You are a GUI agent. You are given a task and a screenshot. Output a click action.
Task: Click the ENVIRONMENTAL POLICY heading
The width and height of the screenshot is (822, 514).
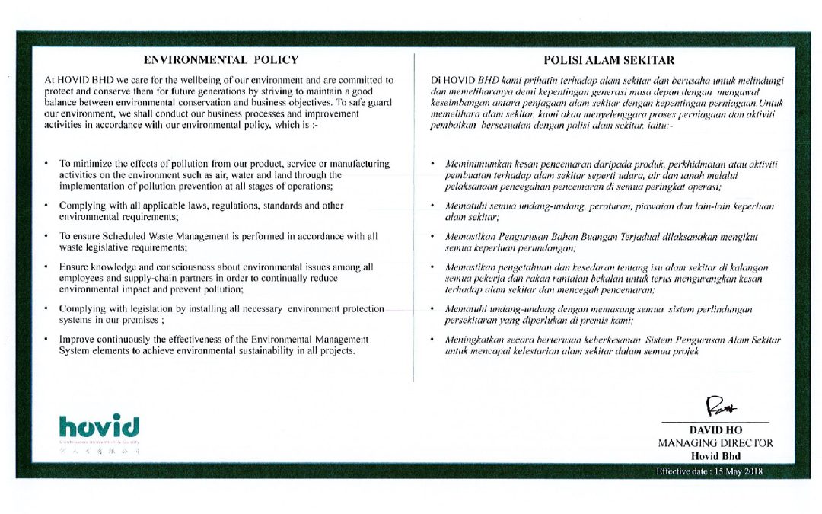[221, 60]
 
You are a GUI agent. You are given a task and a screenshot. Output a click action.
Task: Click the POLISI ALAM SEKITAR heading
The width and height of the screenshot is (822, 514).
[609, 60]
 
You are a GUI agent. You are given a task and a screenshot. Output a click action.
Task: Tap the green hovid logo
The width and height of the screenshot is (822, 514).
[99, 424]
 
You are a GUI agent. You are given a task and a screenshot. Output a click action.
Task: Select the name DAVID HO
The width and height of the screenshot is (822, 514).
[715, 430]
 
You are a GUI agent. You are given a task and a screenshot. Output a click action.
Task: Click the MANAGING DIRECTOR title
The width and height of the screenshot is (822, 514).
[715, 443]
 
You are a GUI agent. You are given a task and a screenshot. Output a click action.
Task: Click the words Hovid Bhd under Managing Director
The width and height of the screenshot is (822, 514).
[715, 455]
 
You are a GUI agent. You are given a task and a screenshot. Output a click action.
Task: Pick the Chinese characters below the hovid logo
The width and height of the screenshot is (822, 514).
[99, 452]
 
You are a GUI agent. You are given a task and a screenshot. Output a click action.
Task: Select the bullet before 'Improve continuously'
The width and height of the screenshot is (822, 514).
[47, 338]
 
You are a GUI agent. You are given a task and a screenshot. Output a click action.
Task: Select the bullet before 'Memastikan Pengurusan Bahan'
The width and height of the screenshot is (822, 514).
[432, 238]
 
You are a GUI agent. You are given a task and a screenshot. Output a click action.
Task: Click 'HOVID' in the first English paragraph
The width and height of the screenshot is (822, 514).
[77, 79]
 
